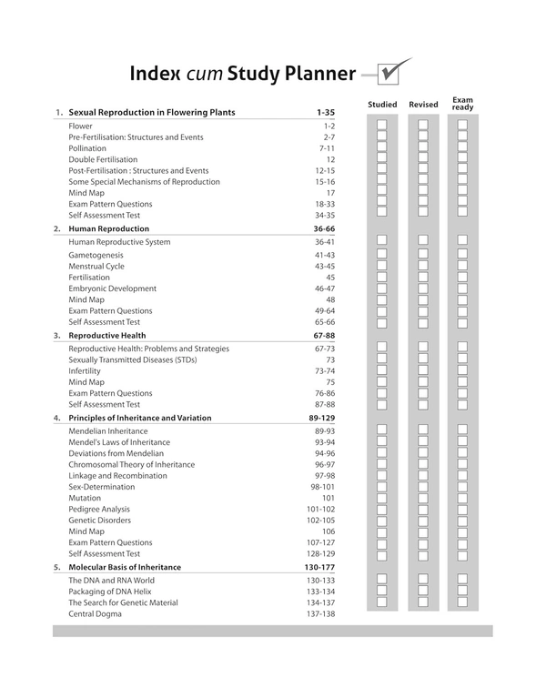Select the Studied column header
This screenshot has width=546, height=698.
coord(382,105)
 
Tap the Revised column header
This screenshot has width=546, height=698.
coord(423,105)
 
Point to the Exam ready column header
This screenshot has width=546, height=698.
coord(462,104)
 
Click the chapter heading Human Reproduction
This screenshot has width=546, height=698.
coord(108,228)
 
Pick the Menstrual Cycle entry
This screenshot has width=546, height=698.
coord(96,267)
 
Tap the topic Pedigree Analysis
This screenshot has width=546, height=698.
coord(99,510)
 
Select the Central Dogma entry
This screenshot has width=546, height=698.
coord(95,614)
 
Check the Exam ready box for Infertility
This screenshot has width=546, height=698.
coord(462,371)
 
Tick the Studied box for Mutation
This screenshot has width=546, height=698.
coord(382,499)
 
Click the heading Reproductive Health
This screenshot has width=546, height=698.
coord(106,335)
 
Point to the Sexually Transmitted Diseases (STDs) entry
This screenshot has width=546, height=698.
coord(132,359)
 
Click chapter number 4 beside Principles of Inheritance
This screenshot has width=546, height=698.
coord(56,418)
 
